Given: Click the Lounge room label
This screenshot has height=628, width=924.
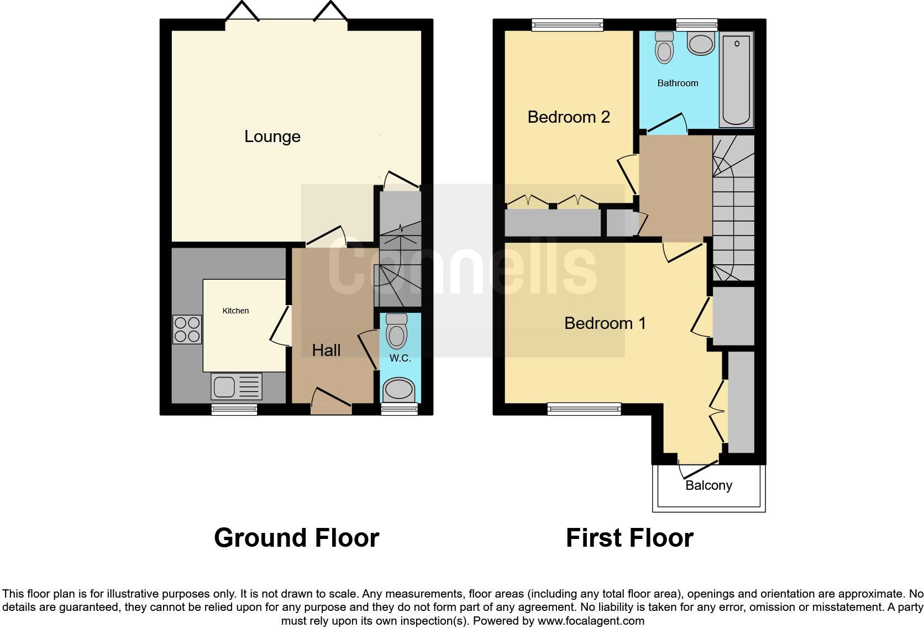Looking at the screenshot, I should pyautogui.click(x=272, y=137).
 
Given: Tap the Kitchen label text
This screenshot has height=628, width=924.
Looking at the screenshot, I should pyautogui.click(x=235, y=311).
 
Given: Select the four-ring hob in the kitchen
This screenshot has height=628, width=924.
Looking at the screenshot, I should pyautogui.click(x=187, y=329).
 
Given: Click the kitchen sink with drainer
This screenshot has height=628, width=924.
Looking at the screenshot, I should pyautogui.click(x=236, y=386).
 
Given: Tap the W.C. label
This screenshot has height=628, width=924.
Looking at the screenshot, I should pyautogui.click(x=400, y=358).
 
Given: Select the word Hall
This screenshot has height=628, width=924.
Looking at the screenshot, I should pyautogui.click(x=326, y=350).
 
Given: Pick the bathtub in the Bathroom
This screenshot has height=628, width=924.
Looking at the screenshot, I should pyautogui.click(x=736, y=79).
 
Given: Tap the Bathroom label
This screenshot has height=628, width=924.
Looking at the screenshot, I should pyautogui.click(x=678, y=83).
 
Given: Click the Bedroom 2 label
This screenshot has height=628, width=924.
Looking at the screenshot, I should pyautogui.click(x=569, y=117).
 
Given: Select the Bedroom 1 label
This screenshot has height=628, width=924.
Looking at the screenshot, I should pyautogui.click(x=605, y=323).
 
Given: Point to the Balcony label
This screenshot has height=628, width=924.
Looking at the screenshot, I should pyautogui.click(x=708, y=485).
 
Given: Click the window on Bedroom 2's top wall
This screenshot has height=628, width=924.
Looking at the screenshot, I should pyautogui.click(x=567, y=24).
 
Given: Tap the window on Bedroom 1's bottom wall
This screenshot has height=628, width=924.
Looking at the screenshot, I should pyautogui.click(x=584, y=409).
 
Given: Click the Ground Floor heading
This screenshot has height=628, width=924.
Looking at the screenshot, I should pyautogui.click(x=296, y=538).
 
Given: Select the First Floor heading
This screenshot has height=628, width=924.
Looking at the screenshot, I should pyautogui.click(x=629, y=538).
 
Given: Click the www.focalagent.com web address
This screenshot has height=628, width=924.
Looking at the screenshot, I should pyautogui.click(x=591, y=621).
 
